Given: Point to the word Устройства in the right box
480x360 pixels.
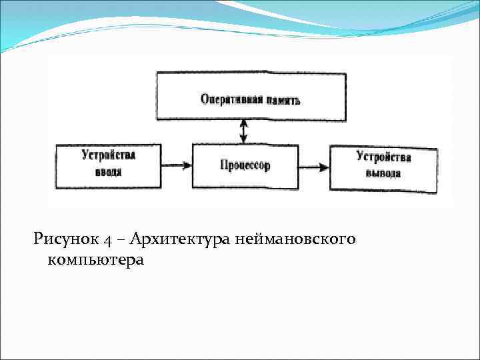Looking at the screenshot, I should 383,157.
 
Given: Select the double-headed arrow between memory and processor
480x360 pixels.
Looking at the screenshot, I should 244,131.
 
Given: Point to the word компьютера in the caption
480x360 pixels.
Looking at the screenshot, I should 95,259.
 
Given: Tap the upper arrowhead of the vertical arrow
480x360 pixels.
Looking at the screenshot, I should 244,123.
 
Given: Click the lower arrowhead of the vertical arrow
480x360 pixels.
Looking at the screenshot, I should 244,139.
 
